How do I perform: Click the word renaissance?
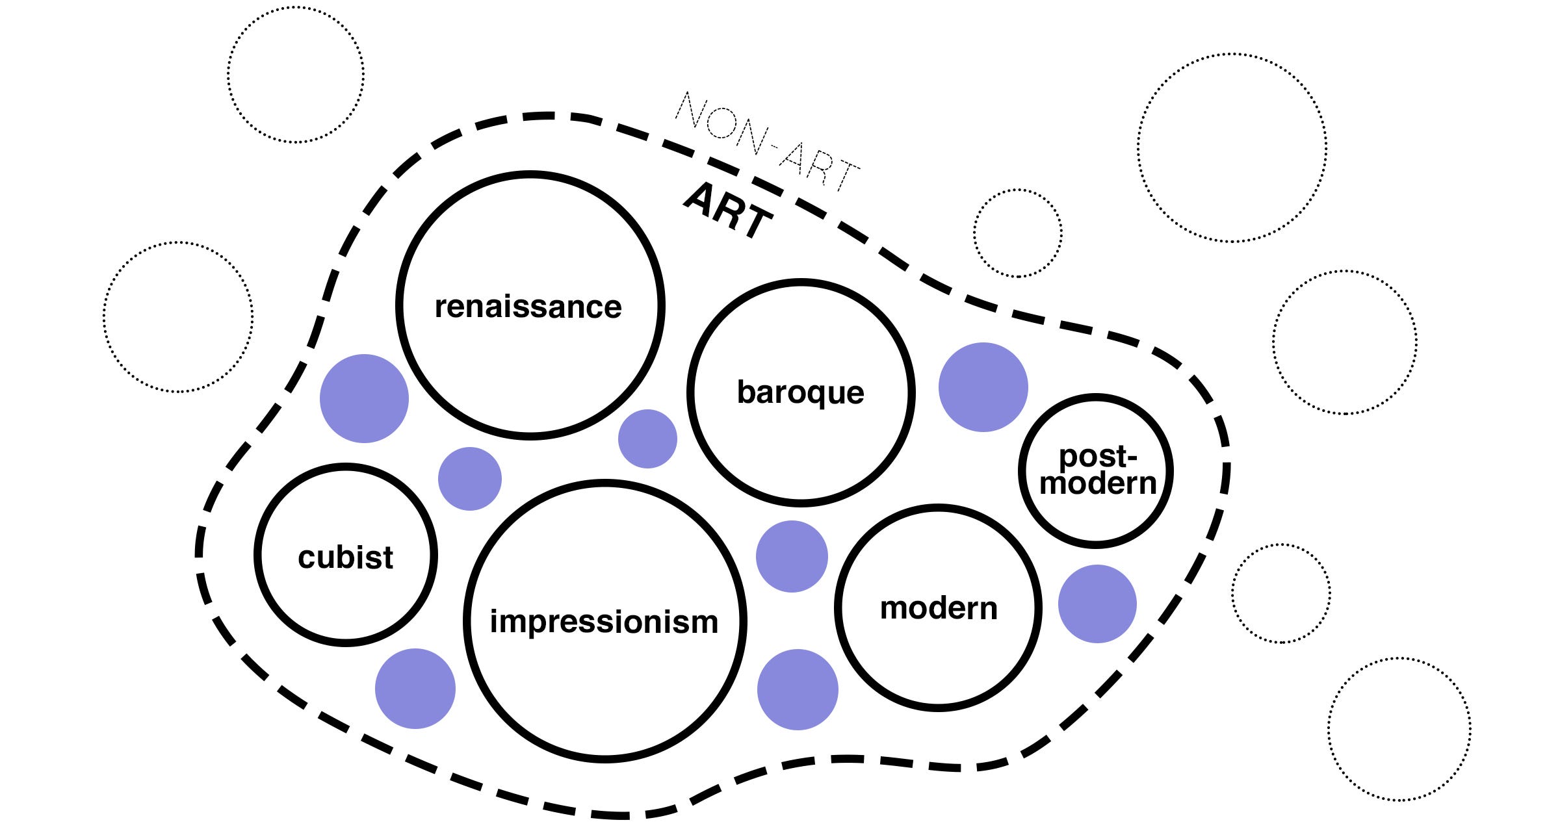528,307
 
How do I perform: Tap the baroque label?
800,392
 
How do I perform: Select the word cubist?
345,557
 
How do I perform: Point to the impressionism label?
604,621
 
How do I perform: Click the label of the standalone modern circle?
938,608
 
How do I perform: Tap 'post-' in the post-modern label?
1097,456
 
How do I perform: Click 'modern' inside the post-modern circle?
1098,483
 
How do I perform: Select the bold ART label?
728,211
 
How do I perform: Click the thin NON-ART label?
767,143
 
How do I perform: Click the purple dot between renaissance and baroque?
647,439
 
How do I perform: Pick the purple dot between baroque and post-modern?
983,387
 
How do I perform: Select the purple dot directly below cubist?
415,688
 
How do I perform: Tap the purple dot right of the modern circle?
1097,604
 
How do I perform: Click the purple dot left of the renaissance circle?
364,398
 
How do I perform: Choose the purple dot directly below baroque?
792,556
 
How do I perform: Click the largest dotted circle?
1232,148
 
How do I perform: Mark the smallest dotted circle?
1017,233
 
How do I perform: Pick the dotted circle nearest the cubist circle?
178,317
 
